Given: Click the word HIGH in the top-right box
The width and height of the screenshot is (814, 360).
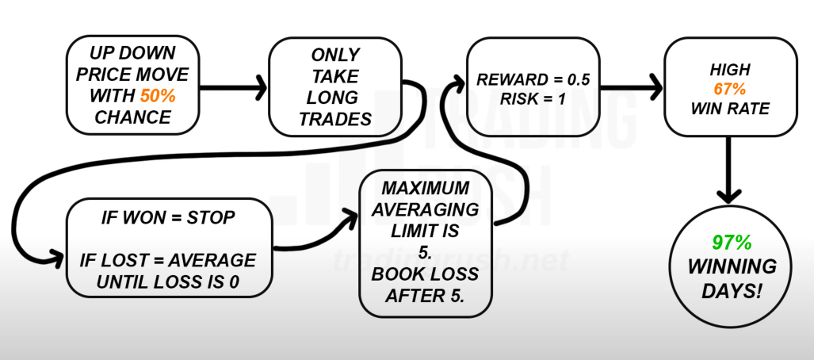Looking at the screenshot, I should click(x=729, y=71).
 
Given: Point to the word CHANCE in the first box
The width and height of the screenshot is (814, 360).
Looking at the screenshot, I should click(x=132, y=118).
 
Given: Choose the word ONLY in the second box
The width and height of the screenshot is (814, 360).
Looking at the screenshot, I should click(x=333, y=55).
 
